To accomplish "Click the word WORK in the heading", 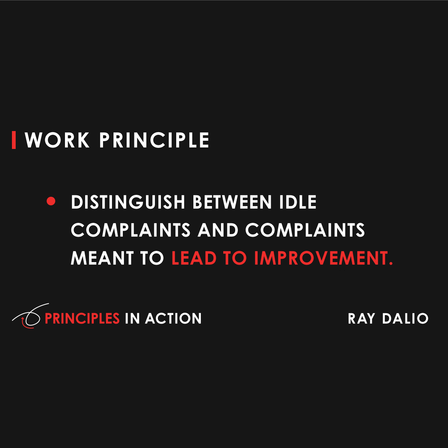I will click(57, 140).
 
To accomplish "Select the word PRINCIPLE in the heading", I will click(154, 140).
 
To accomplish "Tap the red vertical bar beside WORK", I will click(14, 140).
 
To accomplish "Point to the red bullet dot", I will click(51, 202).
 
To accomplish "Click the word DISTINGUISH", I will click(128, 202).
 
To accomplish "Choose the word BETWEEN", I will click(233, 202).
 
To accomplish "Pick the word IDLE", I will click(298, 202).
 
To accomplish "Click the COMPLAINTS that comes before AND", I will click(131, 230).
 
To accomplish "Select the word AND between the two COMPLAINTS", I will click(218, 230).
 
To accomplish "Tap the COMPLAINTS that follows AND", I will click(305, 230).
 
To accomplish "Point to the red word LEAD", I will click(194, 258).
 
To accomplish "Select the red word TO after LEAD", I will click(235, 258).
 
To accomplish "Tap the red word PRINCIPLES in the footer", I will click(82, 318).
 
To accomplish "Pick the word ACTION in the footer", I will click(174, 318).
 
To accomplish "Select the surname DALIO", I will click(405, 319).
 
